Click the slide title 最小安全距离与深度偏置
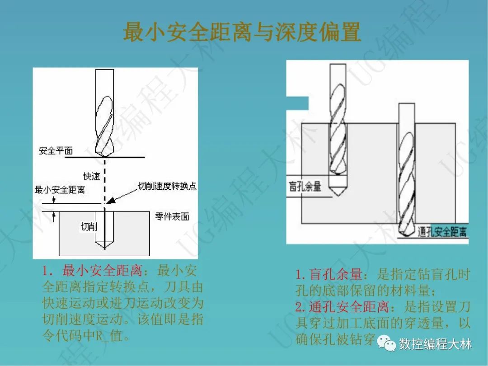tap(242, 33)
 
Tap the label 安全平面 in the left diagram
tap(56, 150)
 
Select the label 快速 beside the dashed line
tap(91, 176)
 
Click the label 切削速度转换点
tap(167, 186)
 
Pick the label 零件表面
tap(172, 216)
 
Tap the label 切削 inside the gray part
tap(89, 226)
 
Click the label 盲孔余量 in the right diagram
tap(305, 186)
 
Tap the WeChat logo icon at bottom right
tap(387, 344)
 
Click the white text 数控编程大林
tap(435, 344)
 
